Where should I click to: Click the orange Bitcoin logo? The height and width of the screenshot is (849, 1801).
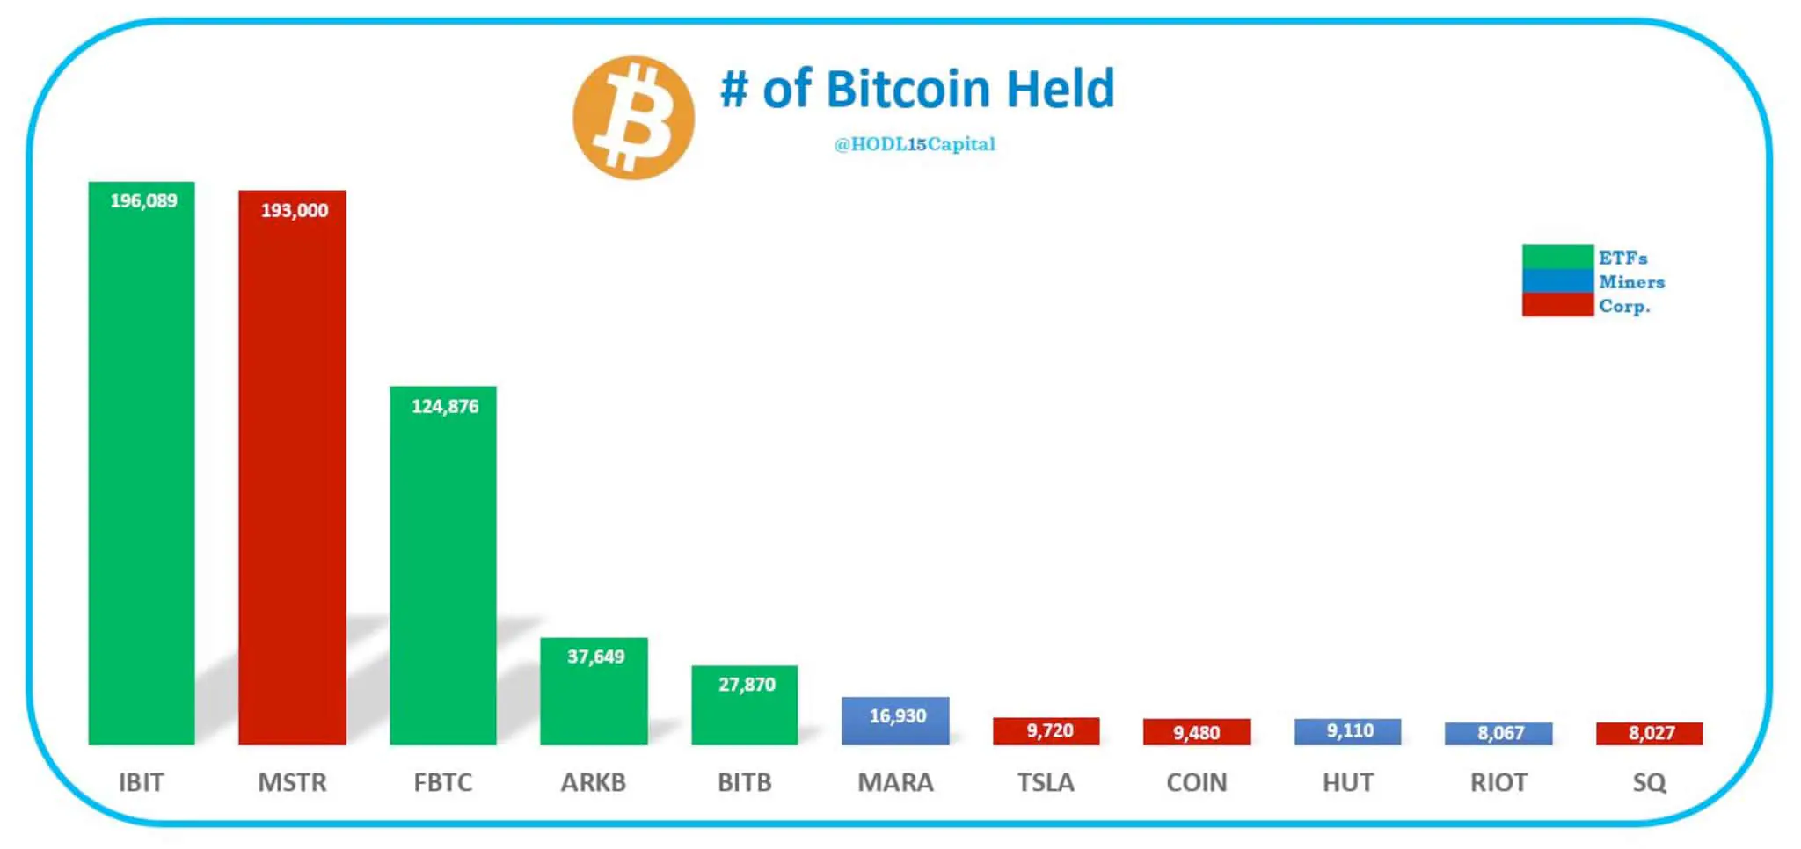point(633,118)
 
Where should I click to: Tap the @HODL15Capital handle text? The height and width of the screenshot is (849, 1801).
point(915,144)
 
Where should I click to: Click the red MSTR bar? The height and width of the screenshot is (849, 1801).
point(292,475)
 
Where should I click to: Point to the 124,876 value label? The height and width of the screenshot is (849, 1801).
point(445,406)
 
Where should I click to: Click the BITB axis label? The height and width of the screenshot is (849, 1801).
point(744,782)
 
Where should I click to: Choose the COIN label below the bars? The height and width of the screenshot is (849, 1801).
point(1196,782)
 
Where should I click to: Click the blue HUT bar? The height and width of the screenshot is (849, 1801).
point(1347,731)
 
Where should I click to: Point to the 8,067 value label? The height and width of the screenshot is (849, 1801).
point(1500,733)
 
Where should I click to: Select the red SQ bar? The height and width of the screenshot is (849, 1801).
point(1649,733)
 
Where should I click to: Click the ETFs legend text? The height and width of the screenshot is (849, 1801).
point(1622,258)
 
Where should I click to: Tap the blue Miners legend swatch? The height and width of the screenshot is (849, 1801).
point(1557,281)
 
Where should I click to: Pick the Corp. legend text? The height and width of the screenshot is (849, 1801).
point(1624,306)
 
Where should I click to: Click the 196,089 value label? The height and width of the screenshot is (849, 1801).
point(143,201)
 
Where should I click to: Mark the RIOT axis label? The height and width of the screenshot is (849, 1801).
point(1498,782)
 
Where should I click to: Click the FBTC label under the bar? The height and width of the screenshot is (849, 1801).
point(442,782)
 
